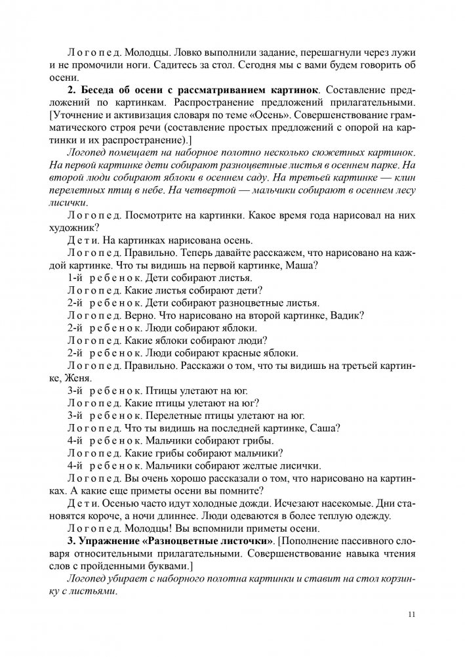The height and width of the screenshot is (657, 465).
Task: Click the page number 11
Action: click(411, 614)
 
